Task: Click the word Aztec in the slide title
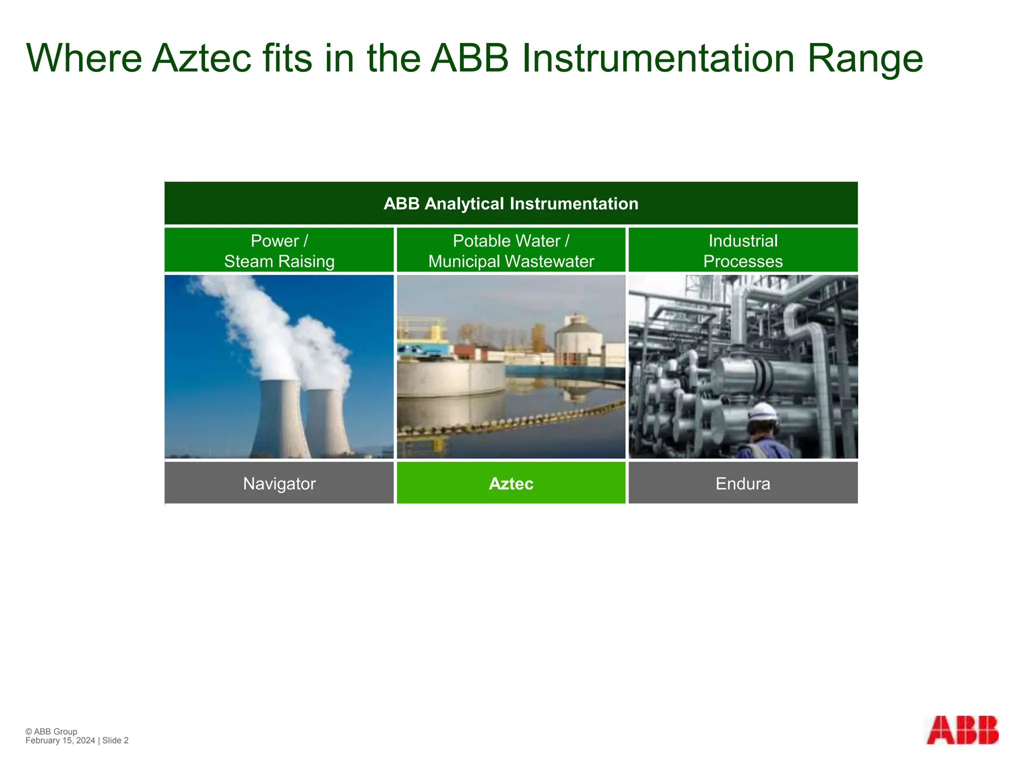[x=201, y=58]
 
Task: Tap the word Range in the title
[x=864, y=58]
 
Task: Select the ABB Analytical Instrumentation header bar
[x=510, y=203]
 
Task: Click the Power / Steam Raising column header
[x=279, y=250]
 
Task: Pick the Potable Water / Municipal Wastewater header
[x=510, y=250]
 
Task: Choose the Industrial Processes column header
[x=742, y=250]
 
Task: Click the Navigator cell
[x=279, y=483]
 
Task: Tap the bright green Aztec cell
[x=510, y=483]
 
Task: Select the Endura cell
[x=742, y=483]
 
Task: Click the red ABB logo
[x=962, y=730]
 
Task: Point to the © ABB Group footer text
[x=51, y=731]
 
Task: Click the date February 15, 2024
[x=60, y=740]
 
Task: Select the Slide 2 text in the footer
[x=115, y=740]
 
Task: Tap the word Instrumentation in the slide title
[x=658, y=58]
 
